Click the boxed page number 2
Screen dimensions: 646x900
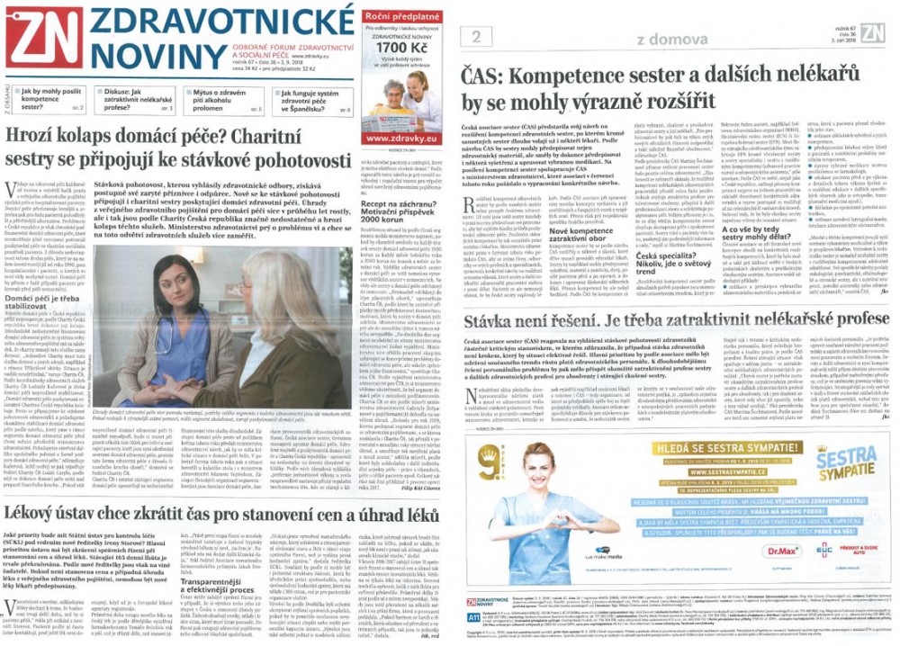pos(473,37)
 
